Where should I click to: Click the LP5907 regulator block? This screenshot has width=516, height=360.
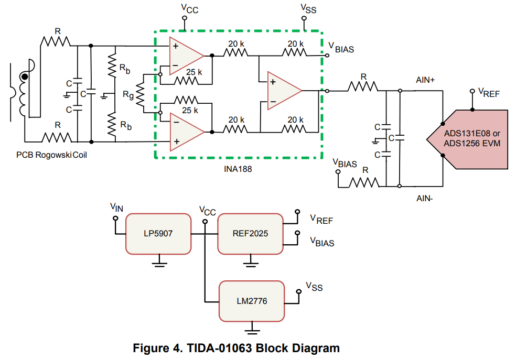[158, 233]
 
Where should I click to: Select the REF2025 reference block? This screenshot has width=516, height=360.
[250, 233]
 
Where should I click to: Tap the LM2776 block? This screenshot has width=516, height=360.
[252, 301]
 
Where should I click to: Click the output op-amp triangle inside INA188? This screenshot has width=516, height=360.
[283, 91]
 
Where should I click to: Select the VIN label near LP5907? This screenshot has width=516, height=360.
[117, 208]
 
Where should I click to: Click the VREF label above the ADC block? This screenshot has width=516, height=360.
[488, 93]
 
